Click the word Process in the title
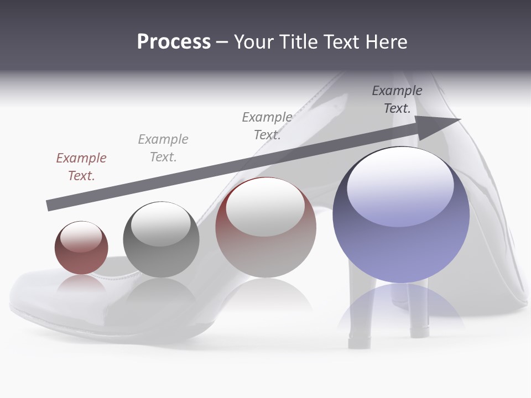174,42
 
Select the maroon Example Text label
81,167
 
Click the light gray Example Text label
163,148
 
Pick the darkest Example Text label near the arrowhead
397,99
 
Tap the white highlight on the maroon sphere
81,238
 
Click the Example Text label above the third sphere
267,126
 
